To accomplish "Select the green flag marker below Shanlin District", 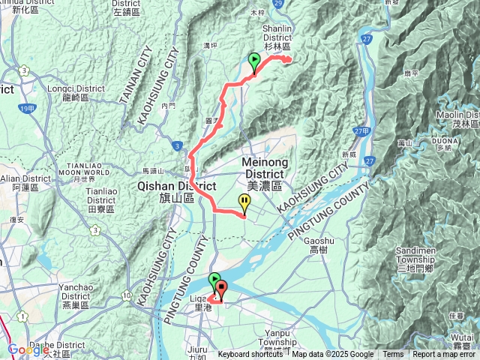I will coord(254,61).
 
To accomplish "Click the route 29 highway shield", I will coord(277,4).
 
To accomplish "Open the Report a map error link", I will coord(445,355).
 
